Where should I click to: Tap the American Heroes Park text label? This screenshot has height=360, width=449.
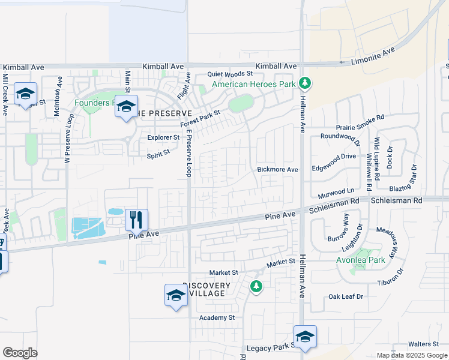click(x=254, y=84)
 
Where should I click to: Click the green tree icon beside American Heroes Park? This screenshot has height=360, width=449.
click(x=305, y=83)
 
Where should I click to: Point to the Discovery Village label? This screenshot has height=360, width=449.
click(x=206, y=289)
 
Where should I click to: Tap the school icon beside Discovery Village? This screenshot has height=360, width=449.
click(x=176, y=295)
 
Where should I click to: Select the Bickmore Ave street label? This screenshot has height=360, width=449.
click(x=277, y=170)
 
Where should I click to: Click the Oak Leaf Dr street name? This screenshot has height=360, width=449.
click(x=346, y=297)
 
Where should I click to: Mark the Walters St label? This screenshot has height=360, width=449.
click(x=424, y=344)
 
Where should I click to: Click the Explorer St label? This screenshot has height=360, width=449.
click(x=163, y=137)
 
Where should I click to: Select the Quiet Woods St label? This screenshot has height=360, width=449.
click(x=231, y=74)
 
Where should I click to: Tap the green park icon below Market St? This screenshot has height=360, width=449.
click(x=256, y=286)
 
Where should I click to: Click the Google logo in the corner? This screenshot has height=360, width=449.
click(x=20, y=353)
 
